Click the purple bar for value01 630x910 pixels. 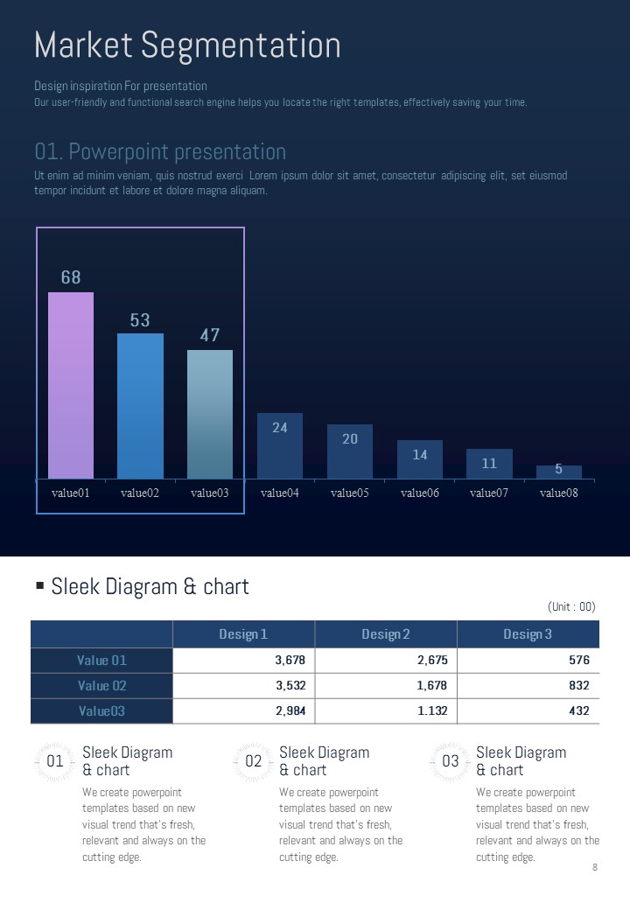[x=71, y=385]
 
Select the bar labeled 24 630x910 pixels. [x=280, y=446]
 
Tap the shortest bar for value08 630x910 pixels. [x=559, y=472]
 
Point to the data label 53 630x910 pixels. [x=140, y=320]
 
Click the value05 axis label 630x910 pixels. [x=350, y=493]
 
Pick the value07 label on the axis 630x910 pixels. [x=489, y=493]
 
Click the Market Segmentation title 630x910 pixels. [x=187, y=45]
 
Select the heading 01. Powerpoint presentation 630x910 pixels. [x=160, y=151]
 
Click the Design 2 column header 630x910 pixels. [x=386, y=634]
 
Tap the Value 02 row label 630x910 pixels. [x=101, y=685]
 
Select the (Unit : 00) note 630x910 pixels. [x=571, y=606]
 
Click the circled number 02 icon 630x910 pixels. [x=254, y=761]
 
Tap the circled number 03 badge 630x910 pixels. [x=451, y=761]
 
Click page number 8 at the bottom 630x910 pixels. [x=595, y=867]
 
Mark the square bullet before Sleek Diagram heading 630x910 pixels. [x=40, y=585]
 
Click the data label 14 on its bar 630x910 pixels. [x=420, y=455]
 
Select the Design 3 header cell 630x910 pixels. [x=528, y=634]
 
